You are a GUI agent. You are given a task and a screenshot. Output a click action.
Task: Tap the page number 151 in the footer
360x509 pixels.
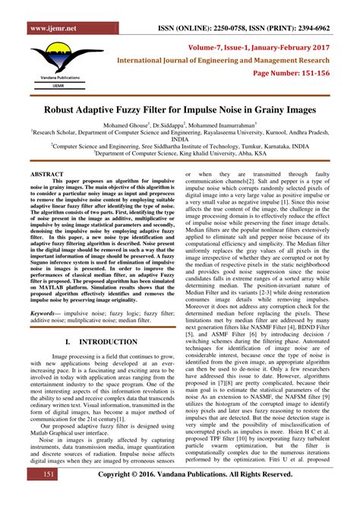[48, 495]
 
